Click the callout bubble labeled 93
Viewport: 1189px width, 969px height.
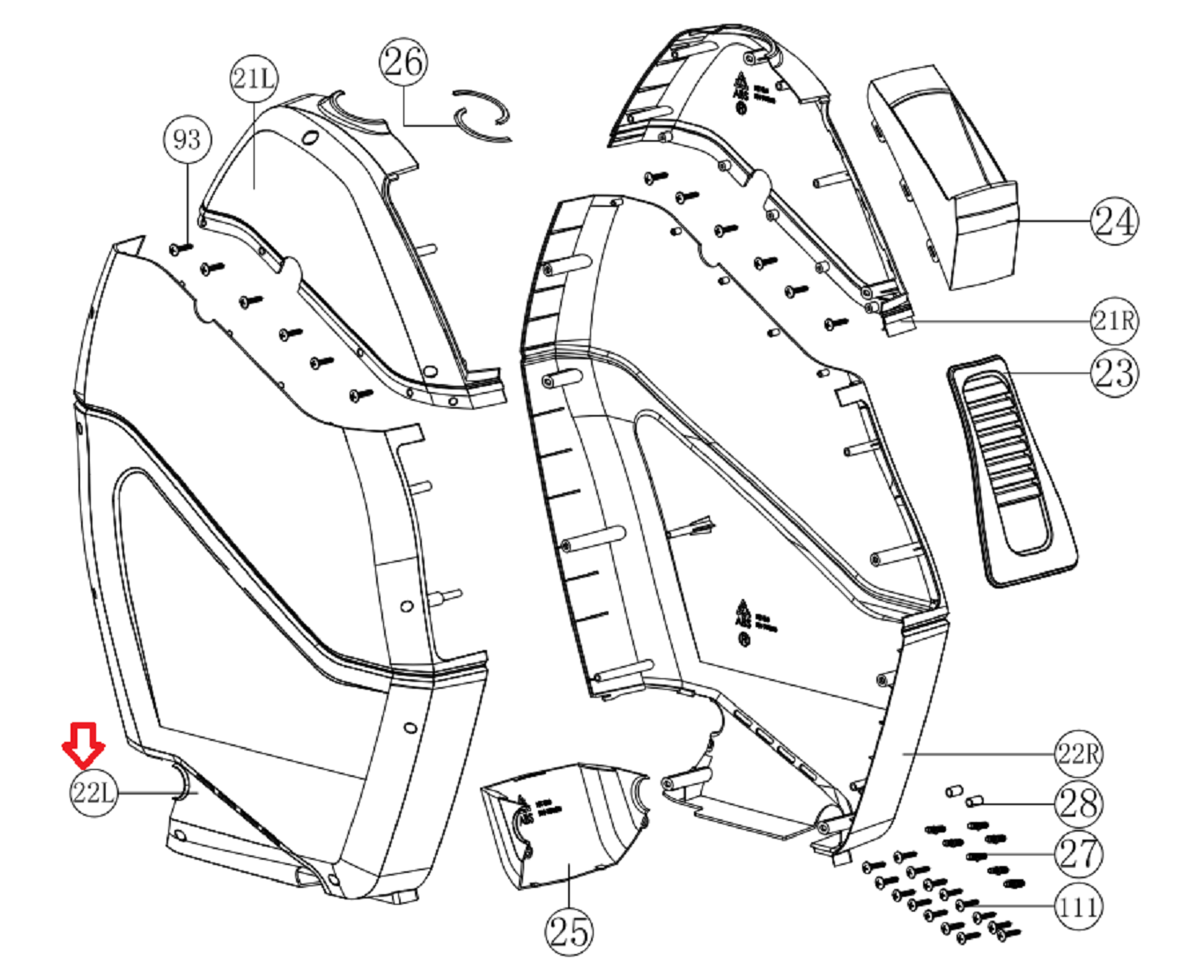[x=187, y=139]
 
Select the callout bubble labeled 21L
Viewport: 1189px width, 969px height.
[x=254, y=78]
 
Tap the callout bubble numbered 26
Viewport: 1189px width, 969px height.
[x=403, y=62]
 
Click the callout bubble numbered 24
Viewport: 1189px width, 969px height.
[x=1114, y=220]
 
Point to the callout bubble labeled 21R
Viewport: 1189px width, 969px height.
[x=1114, y=320]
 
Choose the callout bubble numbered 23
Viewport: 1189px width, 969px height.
[x=1114, y=373]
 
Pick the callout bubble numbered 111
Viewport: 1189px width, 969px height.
[x=1078, y=906]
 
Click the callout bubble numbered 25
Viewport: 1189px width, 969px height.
[x=569, y=930]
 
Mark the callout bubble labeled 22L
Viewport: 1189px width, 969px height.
[x=92, y=792]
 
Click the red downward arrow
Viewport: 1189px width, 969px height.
[x=84, y=744]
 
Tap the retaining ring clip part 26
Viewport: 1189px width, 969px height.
[x=482, y=115]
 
